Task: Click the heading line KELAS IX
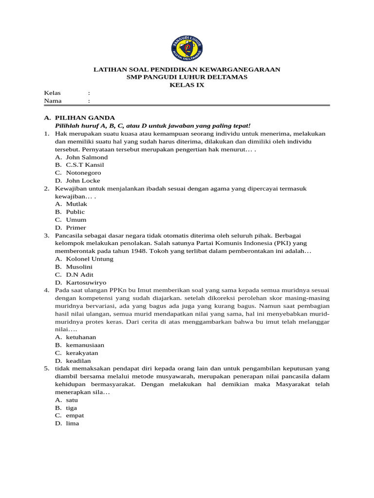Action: (187, 85)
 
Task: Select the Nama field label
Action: (53, 101)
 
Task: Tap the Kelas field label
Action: (52, 93)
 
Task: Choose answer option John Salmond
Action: (87, 157)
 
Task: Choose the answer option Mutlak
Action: (76, 204)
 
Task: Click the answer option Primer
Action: (76, 227)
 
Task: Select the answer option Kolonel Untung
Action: (90, 259)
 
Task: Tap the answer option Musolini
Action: (79, 267)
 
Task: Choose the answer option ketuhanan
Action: (81, 337)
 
